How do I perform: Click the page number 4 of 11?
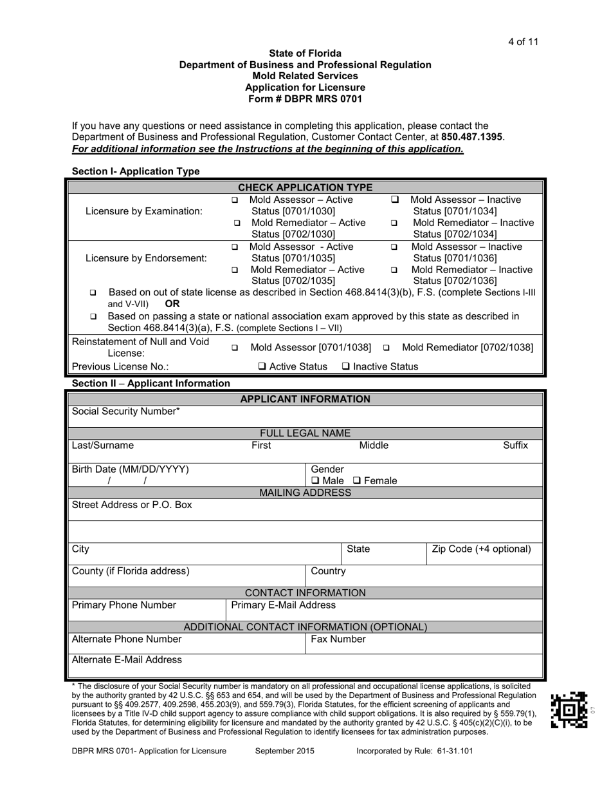(522, 42)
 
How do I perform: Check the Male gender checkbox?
(315, 481)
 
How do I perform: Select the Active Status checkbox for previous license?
(262, 367)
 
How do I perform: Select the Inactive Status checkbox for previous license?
(346, 367)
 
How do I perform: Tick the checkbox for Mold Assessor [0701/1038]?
(235, 348)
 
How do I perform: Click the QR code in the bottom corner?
(569, 710)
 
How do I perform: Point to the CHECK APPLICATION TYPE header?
(305, 187)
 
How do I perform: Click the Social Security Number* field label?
(126, 411)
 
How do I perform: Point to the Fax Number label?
(338, 639)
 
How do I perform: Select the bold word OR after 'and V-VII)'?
(172, 304)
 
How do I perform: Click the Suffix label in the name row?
(515, 445)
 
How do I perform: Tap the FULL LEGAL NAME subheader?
(305, 433)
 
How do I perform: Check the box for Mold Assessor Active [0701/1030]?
(235, 201)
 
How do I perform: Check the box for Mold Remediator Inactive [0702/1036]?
(394, 270)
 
